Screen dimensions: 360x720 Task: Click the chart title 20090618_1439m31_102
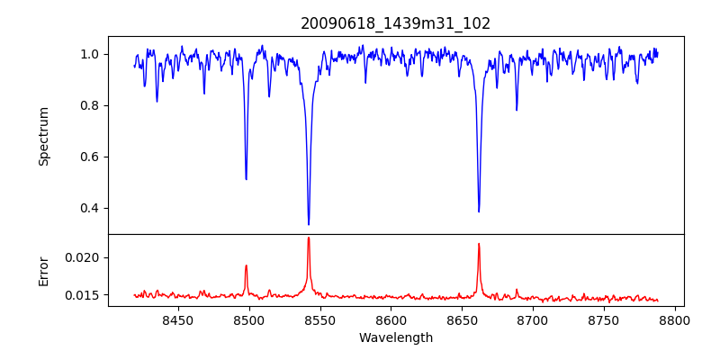tap(396, 23)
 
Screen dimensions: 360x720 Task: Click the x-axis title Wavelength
tap(396, 338)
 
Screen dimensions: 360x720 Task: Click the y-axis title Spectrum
tap(44, 136)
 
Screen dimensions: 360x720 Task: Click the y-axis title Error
tap(44, 270)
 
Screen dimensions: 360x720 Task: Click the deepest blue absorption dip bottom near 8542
tap(309, 224)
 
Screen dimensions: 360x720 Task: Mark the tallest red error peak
tap(309, 238)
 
